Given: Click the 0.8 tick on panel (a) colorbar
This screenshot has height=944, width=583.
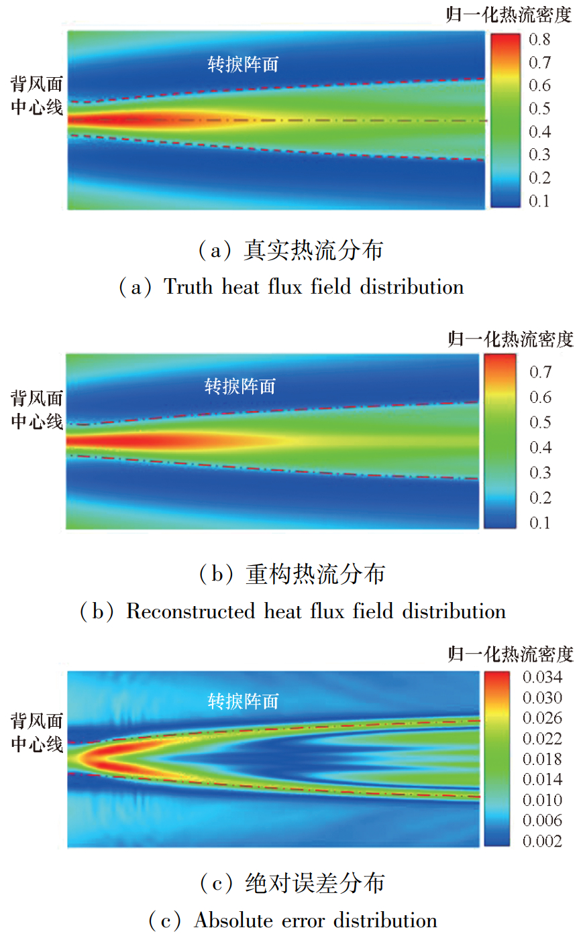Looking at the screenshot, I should [539, 40].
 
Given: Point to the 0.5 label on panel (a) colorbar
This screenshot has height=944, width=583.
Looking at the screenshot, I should [539, 109].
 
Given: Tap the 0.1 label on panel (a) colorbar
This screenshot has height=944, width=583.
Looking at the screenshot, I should [539, 201].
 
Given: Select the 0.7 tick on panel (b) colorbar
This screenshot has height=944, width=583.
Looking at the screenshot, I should [540, 372].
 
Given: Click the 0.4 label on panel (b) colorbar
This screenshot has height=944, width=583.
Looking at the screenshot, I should [540, 447].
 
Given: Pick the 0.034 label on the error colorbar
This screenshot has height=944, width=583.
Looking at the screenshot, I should [542, 677].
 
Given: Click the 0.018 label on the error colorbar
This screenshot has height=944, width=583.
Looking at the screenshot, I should [542, 759].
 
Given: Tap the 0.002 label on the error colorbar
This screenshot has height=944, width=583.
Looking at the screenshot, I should [542, 841].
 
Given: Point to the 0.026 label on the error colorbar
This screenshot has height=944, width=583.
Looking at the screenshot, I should [542, 718].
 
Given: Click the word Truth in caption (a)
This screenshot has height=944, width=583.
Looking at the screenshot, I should [189, 287].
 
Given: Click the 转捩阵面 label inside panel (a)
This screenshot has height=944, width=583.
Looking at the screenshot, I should [243, 64].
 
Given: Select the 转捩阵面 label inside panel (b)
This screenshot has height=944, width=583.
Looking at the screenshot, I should [240, 386].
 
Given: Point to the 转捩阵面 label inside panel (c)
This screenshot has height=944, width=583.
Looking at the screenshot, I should [243, 701].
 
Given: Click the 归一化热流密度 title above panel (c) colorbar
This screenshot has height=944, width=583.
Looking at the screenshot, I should [511, 654].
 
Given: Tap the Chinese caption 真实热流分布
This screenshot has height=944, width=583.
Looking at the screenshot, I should [313, 251].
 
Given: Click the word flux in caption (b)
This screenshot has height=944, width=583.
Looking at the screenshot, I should [327, 611].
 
